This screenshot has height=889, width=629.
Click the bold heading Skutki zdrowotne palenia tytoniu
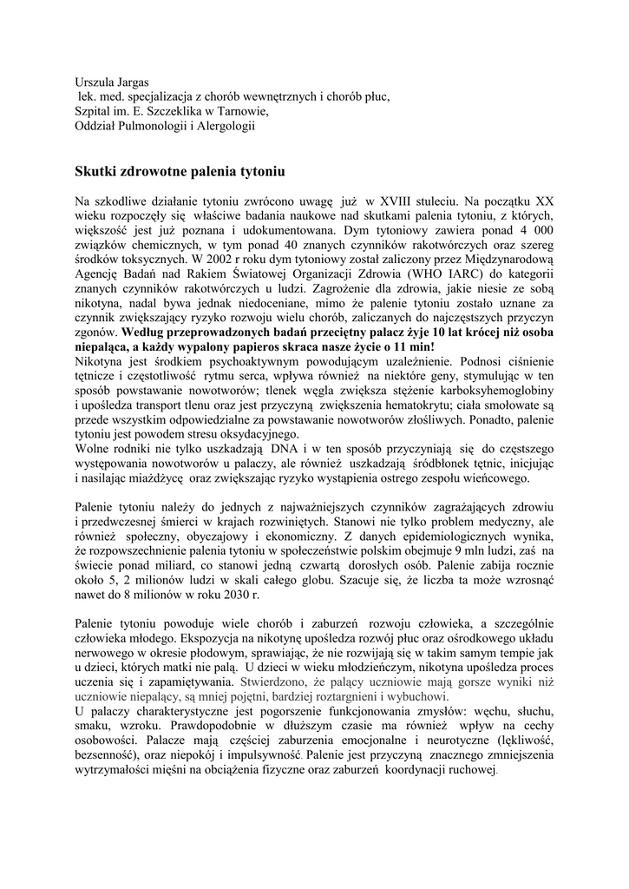point(180,173)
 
